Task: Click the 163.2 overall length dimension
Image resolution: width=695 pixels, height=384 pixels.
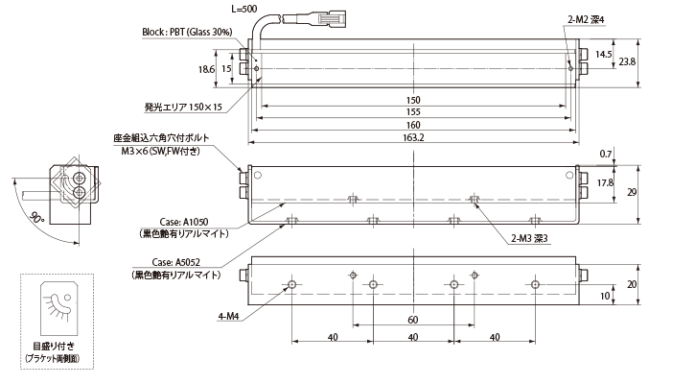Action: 413,137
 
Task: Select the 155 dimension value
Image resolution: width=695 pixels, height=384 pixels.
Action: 413,112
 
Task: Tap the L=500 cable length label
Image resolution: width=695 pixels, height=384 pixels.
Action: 243,9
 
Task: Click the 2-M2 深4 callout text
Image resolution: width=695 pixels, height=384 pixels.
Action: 586,20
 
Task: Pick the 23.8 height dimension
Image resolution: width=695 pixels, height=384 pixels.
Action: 627,62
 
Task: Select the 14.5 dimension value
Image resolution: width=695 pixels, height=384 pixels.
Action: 603,55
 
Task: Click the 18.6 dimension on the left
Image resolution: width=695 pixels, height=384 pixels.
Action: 206,69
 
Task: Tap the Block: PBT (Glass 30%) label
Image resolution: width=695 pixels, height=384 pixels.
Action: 187,33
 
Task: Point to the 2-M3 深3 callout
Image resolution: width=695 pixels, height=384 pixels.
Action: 530,239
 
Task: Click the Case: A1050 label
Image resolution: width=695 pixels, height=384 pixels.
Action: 184,222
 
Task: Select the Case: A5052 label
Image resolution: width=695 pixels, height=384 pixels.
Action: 176,263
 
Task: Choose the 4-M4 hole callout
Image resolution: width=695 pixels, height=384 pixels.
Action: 228,317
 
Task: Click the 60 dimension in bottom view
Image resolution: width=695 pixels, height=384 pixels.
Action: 412,320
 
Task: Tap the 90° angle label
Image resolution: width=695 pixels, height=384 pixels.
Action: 37,219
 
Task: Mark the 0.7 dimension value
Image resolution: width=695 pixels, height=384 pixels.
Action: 606,154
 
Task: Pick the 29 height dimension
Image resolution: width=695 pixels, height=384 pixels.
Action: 632,192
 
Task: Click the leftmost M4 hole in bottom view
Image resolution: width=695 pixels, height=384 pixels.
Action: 292,284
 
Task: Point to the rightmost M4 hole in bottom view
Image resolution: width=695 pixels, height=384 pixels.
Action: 536,284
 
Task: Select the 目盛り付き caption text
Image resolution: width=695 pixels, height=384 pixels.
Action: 54,347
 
